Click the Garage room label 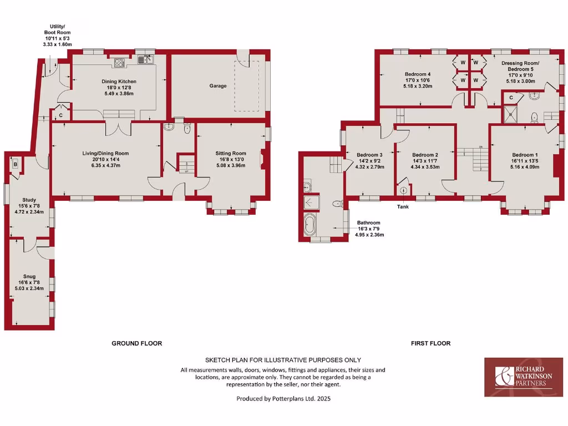[x=217, y=86]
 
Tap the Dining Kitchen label [x=120, y=82]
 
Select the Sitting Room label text [x=231, y=154]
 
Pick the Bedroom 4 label [x=417, y=74]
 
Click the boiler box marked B [x=15, y=165]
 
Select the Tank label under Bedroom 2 [x=403, y=207]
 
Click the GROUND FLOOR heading [x=137, y=343]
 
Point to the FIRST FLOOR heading [x=430, y=343]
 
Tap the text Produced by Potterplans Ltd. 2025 [x=283, y=398]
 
